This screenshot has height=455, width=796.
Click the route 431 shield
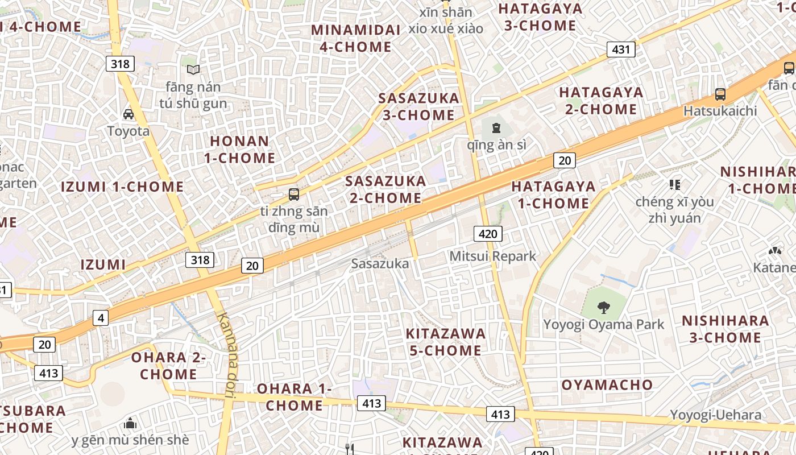pyautogui.click(x=620, y=49)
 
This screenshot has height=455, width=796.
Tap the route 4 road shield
pyautogui.click(x=101, y=318)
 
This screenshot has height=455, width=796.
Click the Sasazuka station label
pyautogui.click(x=380, y=264)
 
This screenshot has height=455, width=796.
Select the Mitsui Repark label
pyautogui.click(x=492, y=257)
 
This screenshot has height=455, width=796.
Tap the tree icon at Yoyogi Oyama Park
pyautogui.click(x=603, y=308)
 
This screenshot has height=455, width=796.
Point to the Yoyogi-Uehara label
pyautogui.click(x=715, y=415)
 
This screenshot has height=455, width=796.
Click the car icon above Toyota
pyautogui.click(x=128, y=114)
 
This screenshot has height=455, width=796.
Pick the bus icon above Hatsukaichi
pyautogui.click(x=720, y=94)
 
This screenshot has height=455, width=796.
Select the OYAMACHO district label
pyautogui.click(x=607, y=385)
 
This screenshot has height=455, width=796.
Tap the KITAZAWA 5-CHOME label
pyautogui.click(x=446, y=342)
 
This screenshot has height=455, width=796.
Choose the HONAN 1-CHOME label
pyautogui.click(x=239, y=149)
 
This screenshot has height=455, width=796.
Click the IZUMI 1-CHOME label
pyautogui.click(x=122, y=187)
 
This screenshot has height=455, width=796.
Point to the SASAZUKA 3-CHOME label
pyautogui.click(x=418, y=106)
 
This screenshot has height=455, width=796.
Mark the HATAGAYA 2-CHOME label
pyautogui.click(x=601, y=100)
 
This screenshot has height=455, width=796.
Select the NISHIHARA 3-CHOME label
pyautogui.click(x=725, y=329)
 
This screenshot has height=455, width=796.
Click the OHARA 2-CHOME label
pyautogui.click(x=168, y=366)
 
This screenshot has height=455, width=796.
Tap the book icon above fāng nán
pyautogui.click(x=193, y=69)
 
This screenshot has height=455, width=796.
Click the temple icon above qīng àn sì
pyautogui.click(x=496, y=127)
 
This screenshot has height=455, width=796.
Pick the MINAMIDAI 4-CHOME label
pyautogui.click(x=355, y=38)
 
